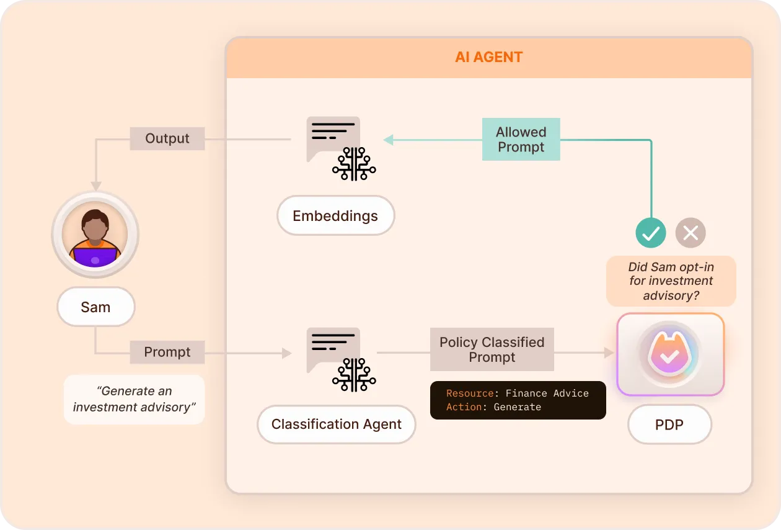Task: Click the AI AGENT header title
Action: [488, 58]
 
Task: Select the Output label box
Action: [167, 138]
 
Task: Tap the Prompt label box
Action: [167, 352]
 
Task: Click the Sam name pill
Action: [95, 307]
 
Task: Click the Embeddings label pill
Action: [335, 216]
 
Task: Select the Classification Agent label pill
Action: [336, 424]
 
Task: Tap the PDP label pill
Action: [669, 424]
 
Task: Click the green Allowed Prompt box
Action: [521, 140]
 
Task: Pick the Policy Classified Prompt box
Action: [492, 349]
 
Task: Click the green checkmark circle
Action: [651, 233]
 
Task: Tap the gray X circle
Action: [691, 233]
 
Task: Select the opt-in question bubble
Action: [671, 281]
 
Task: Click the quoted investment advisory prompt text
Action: [134, 399]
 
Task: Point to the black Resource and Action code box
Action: [518, 400]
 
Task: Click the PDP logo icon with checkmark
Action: [669, 354]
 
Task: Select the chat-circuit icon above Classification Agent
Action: [340, 359]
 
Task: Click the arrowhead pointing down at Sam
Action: [95, 186]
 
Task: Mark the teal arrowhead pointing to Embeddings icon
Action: [389, 140]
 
